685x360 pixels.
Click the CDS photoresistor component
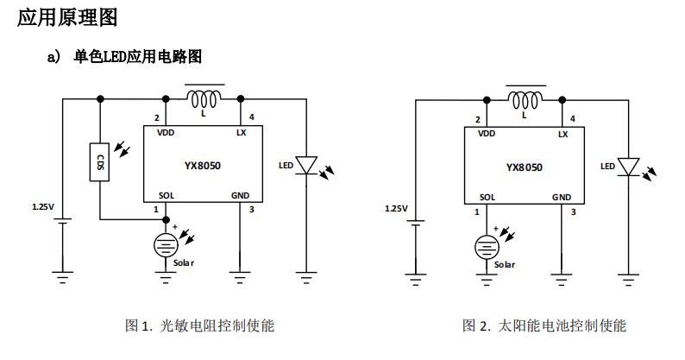(100, 162)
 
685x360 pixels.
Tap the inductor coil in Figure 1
(206, 98)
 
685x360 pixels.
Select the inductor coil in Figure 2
(526, 98)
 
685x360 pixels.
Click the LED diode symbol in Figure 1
(306, 165)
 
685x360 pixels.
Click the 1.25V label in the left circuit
(43, 207)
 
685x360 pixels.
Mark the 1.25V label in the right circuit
(395, 208)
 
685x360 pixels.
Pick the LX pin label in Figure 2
(563, 134)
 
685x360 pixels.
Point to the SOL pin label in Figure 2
(487, 197)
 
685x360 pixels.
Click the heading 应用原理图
(67, 17)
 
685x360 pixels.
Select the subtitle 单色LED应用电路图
(138, 57)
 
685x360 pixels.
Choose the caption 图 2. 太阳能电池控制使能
(544, 325)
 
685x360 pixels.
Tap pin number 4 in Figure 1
(251, 117)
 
